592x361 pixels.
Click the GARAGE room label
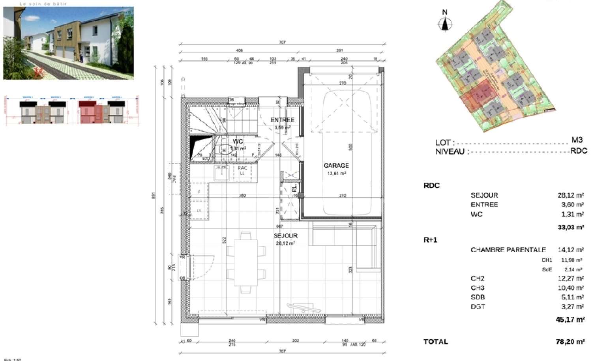click(336, 166)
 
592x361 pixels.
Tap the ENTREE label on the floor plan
click(282, 120)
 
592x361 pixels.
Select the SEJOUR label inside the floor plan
click(285, 236)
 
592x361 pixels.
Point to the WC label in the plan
click(238, 141)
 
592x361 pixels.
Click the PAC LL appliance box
click(242, 171)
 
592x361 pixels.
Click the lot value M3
click(577, 140)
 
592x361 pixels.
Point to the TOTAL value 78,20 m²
click(570, 342)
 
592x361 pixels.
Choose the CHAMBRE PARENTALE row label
click(508, 250)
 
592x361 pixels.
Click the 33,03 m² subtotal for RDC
click(571, 227)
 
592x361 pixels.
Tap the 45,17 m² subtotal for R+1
click(570, 320)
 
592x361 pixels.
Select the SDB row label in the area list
click(478, 297)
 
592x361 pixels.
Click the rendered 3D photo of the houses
click(68, 43)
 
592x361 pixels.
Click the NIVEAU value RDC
click(579, 151)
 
